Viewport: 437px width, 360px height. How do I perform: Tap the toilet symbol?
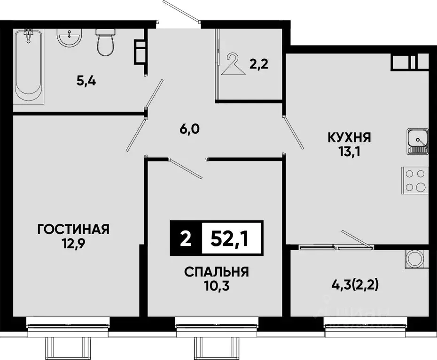coord(104,42)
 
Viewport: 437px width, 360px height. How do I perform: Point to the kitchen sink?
coord(418,142)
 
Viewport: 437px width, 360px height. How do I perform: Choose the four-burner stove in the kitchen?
coord(415,180)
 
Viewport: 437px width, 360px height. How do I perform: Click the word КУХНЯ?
coord(349,138)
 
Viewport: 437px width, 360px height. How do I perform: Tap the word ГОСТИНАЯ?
coord(73,230)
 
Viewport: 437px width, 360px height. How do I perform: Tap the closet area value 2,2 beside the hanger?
coord(258,65)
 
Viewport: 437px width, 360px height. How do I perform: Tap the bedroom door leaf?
coord(186,169)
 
